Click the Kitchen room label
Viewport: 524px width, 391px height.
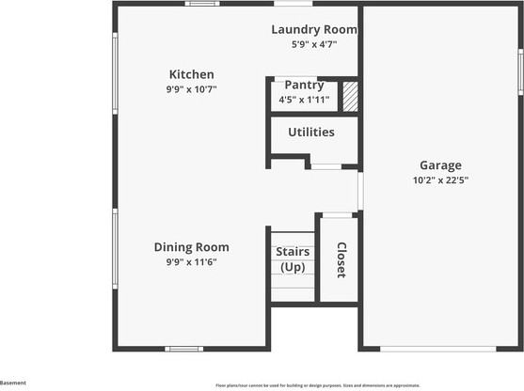[x=191, y=74]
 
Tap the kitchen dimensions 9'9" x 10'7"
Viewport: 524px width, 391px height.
[x=191, y=89]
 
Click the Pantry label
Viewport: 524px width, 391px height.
[x=304, y=85]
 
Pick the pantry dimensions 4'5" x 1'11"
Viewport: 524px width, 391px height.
[x=305, y=99]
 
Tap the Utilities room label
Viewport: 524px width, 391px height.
[x=311, y=132]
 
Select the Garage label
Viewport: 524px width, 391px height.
[x=440, y=165]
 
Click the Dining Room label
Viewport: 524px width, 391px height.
[x=192, y=247]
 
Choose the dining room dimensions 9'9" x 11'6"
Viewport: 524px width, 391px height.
[x=192, y=262]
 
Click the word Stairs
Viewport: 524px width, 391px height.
[x=294, y=252]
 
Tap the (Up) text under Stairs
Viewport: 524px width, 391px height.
[x=294, y=267]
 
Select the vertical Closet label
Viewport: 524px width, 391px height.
[x=341, y=259]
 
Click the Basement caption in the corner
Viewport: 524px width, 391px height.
[x=13, y=383]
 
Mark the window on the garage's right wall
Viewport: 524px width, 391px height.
[x=520, y=71]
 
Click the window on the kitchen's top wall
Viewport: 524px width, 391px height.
[x=202, y=4]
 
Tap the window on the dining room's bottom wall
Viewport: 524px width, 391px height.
[x=183, y=349]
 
